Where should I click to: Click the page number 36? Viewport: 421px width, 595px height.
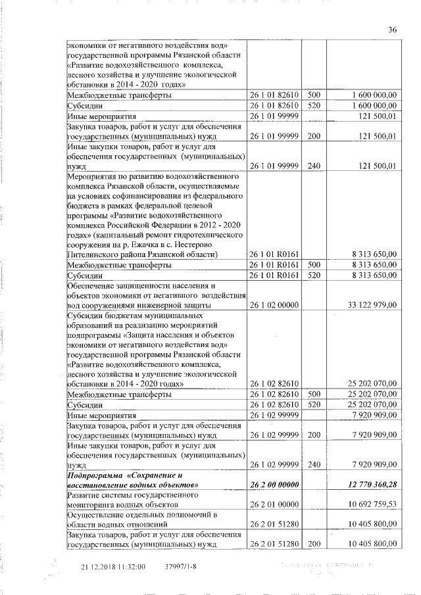tap(393, 30)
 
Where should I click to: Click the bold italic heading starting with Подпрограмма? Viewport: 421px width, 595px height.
tap(125, 479)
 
